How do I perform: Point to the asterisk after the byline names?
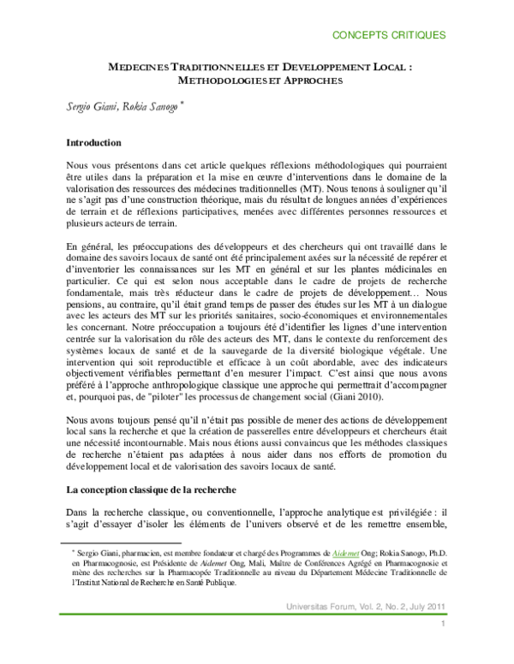tap(194, 103)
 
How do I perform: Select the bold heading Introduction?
tap(93, 143)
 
